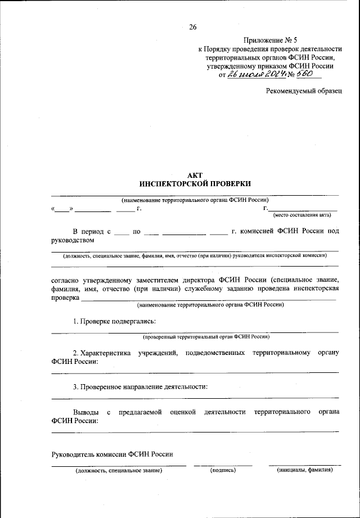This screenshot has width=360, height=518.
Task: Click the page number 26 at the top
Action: [x=193, y=26]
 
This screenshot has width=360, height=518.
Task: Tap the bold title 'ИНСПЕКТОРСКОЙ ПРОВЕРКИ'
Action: [x=195, y=184]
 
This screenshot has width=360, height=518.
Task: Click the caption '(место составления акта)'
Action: [x=302, y=215]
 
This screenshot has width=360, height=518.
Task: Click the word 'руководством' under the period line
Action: [x=76, y=241]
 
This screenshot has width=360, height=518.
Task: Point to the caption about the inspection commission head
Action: [x=195, y=255]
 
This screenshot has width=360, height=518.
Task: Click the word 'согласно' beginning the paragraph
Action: [x=68, y=280]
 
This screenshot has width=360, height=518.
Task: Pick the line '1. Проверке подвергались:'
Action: [x=114, y=321]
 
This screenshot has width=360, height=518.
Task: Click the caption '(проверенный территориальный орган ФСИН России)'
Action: [x=206, y=337]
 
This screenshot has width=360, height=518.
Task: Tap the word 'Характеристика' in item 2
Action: [x=103, y=353]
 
